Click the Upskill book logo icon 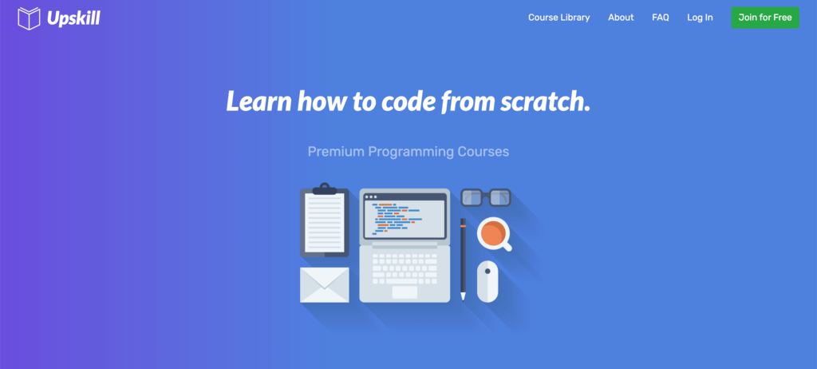click(x=29, y=18)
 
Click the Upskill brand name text click(x=73, y=18)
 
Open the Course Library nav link click(x=559, y=18)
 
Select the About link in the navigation click(x=621, y=18)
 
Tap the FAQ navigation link click(x=660, y=18)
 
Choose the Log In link click(x=700, y=18)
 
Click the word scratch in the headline click(x=546, y=101)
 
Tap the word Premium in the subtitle click(x=336, y=152)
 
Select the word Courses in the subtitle click(x=483, y=152)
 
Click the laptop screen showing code click(x=405, y=216)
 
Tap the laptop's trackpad click(x=405, y=292)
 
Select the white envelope click(x=325, y=285)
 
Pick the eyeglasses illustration click(x=486, y=197)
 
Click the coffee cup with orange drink click(x=493, y=234)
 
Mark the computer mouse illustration click(x=487, y=281)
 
